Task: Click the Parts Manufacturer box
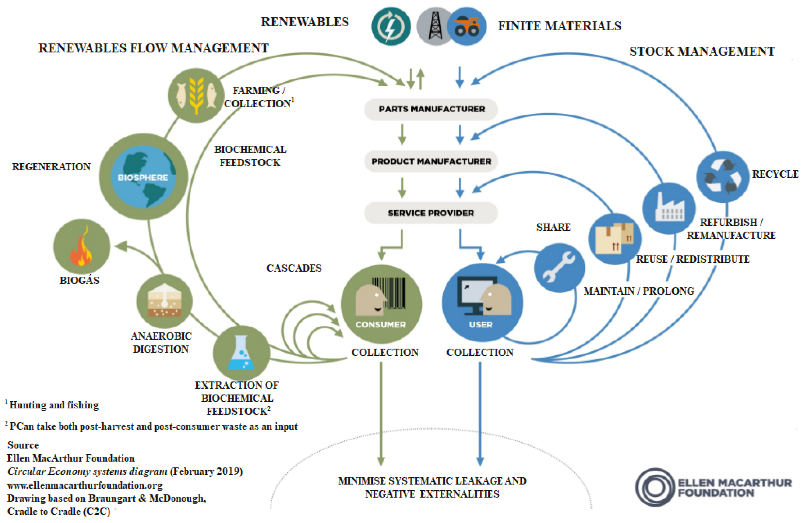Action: coord(431,109)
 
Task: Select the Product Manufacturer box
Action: coord(431,162)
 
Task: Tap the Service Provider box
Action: coord(431,213)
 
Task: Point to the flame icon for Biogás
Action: coord(81,247)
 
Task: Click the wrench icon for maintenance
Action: coord(559,268)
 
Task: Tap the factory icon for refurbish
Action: coord(669,208)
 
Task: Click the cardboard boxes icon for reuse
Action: coord(614,239)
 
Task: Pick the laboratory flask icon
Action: coord(241,353)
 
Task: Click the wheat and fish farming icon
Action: coord(196,95)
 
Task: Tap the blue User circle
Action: coord(482,302)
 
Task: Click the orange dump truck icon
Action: coord(467,27)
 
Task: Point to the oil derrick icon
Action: coord(435,27)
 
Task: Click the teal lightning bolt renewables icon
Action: coord(391,27)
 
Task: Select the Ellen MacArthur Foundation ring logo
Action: coord(655,487)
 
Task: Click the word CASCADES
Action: coord(294,268)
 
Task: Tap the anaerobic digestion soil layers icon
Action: coord(164,301)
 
